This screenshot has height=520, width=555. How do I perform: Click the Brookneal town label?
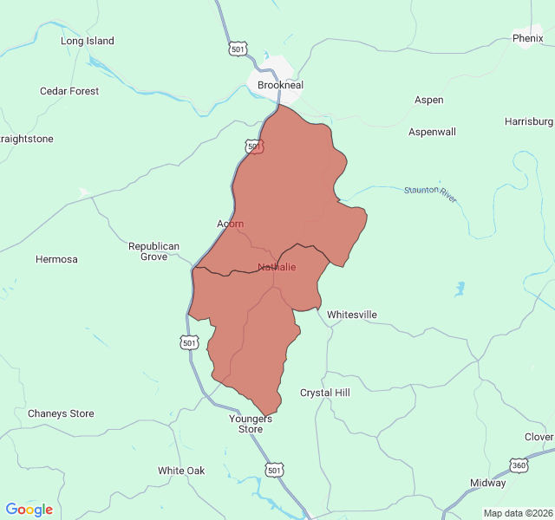pyautogui.click(x=279, y=86)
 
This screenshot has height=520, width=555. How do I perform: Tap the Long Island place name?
pyautogui.click(x=87, y=41)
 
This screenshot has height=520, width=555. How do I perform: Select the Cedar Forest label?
pyautogui.click(x=69, y=91)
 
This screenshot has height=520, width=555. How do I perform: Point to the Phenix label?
pyautogui.click(x=527, y=38)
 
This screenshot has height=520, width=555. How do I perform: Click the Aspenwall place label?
pyautogui.click(x=432, y=132)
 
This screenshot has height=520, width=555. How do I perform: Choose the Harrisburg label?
pyautogui.click(x=529, y=121)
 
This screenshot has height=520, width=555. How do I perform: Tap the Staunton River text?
pyautogui.click(x=430, y=194)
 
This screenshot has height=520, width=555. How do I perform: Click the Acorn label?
pyautogui.click(x=230, y=224)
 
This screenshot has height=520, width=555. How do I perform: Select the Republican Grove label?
pyautogui.click(x=153, y=251)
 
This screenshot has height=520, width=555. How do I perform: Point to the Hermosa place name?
pyautogui.click(x=56, y=259)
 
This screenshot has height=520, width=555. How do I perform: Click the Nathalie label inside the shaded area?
pyautogui.click(x=277, y=267)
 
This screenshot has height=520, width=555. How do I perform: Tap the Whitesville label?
pyautogui.click(x=351, y=315)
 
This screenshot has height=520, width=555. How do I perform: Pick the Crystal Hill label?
pyautogui.click(x=324, y=393)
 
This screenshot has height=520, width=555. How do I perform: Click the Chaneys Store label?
pyautogui.click(x=61, y=413)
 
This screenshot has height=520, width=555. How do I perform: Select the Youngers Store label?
pyautogui.click(x=251, y=424)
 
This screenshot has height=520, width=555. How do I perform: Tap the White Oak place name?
pyautogui.click(x=181, y=471)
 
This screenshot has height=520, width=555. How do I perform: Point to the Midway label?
pyautogui.click(x=487, y=483)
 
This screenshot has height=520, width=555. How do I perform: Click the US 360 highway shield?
pyautogui.click(x=519, y=465)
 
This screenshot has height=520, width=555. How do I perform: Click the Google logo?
pyautogui.click(x=29, y=510)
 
